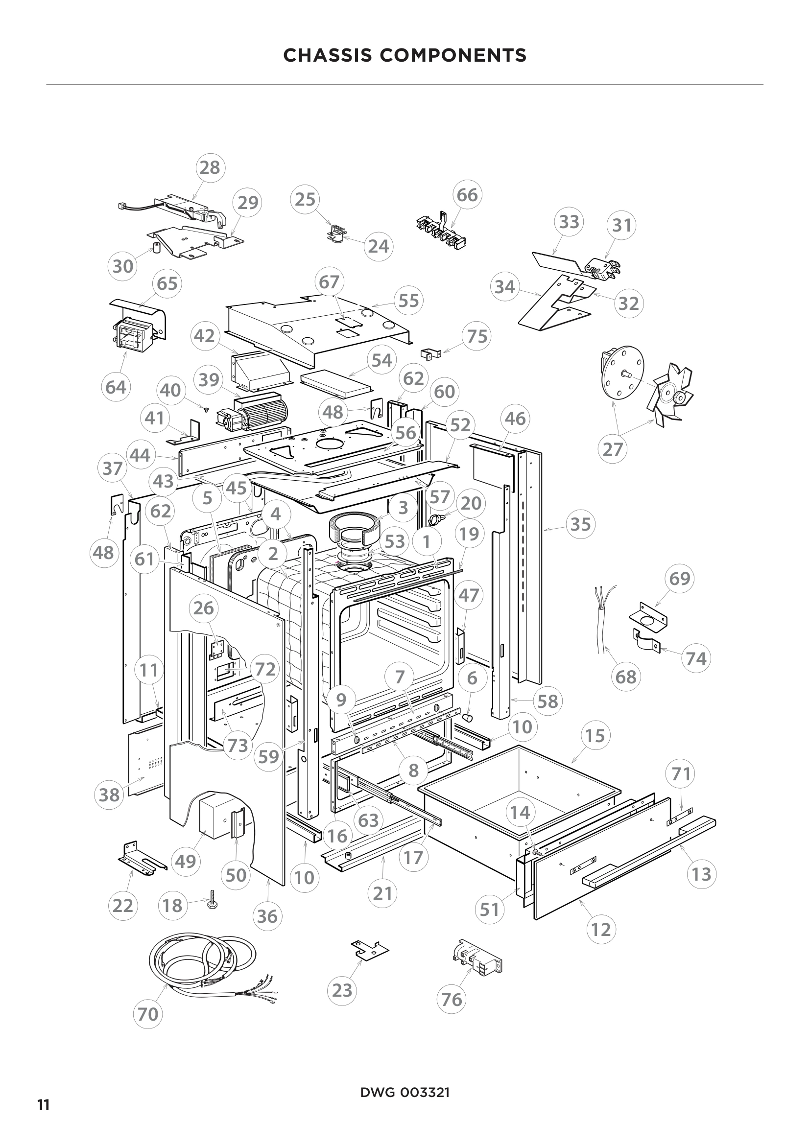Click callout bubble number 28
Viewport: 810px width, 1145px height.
[210, 167]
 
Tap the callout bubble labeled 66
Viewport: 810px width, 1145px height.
[467, 195]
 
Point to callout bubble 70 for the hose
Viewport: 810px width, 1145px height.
[147, 1014]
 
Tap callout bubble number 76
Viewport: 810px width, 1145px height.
[452, 1000]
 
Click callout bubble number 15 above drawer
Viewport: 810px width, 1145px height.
[595, 736]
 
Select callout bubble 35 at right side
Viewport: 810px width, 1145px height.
[581, 524]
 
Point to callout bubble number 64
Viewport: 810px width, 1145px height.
[116, 387]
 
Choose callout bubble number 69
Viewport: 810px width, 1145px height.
[679, 579]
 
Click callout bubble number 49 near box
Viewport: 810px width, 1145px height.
[186, 861]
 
